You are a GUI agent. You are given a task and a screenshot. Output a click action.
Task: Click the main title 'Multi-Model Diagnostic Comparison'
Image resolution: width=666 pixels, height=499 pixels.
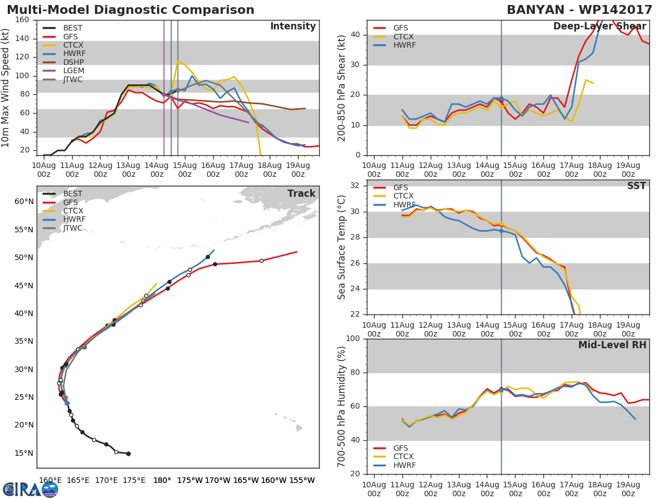pos(130,10)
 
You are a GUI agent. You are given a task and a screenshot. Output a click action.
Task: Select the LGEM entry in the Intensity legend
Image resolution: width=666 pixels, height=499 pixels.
pos(73,71)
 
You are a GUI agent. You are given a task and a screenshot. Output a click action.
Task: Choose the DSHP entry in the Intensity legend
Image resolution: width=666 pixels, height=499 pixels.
pos(73,62)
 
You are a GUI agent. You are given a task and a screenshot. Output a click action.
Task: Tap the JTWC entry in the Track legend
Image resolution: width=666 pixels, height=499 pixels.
pos(73,228)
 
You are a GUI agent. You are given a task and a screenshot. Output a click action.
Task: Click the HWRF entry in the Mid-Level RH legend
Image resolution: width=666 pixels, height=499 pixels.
pos(404,466)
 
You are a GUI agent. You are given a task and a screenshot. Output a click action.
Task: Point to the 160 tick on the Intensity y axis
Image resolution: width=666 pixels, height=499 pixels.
pos(23,20)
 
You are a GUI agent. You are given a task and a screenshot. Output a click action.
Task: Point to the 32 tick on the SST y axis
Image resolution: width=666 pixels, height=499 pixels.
pos(357,186)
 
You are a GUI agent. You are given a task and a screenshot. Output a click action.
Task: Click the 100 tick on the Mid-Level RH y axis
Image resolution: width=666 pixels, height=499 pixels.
pos(354,339)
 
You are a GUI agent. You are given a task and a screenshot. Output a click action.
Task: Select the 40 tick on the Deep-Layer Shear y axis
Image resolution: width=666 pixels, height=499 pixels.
pos(357,35)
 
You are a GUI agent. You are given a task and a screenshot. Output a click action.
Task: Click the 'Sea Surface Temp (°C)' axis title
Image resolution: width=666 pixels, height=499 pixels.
pos(342,247)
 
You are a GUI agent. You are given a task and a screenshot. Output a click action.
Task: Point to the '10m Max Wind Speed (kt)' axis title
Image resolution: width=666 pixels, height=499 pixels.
pos(6,88)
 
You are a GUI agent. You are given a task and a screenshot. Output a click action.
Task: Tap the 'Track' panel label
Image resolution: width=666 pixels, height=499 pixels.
pos(301,194)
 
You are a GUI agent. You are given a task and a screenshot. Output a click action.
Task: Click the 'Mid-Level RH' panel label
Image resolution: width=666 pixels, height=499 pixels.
pos(612,345)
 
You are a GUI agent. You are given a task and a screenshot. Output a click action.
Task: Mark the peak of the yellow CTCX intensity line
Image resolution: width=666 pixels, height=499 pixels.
pos(178,61)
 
